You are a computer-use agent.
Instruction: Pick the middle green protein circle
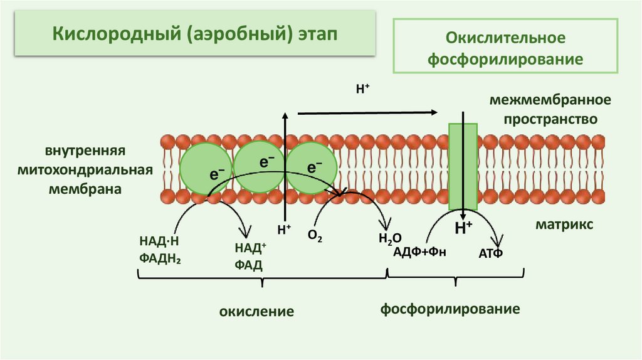(x=259, y=165)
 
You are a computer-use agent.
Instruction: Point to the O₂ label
(x=315, y=236)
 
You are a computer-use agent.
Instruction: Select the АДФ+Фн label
(x=420, y=252)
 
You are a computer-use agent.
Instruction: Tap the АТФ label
(x=491, y=253)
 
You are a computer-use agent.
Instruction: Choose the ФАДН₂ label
(x=157, y=257)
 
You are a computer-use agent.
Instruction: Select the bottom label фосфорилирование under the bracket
(x=451, y=309)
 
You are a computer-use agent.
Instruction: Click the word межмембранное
(x=550, y=100)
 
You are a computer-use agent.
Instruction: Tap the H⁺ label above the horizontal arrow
(x=362, y=90)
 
